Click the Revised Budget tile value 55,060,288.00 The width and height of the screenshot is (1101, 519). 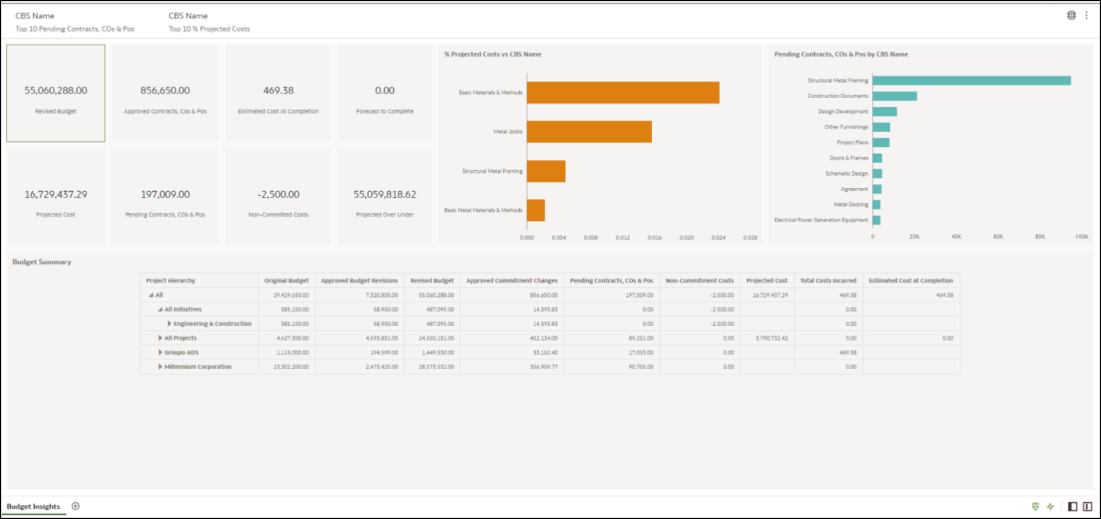pyautogui.click(x=56, y=91)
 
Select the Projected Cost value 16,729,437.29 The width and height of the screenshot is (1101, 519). pyautogui.click(x=56, y=194)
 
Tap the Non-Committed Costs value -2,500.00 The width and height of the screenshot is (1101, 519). pyautogui.click(x=278, y=194)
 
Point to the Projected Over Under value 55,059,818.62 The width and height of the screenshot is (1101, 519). pyautogui.click(x=385, y=194)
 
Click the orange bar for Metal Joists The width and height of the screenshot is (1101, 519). pyautogui.click(x=589, y=132)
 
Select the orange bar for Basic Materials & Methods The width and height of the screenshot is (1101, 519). pyautogui.click(x=623, y=92)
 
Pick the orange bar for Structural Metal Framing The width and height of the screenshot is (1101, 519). pyautogui.click(x=546, y=171)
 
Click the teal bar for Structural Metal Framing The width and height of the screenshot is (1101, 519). pyautogui.click(x=971, y=81)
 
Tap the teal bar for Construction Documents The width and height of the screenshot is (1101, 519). pyautogui.click(x=894, y=96)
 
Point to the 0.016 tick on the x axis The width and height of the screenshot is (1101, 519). pyautogui.click(x=654, y=238)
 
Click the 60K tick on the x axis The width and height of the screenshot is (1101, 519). pyautogui.click(x=998, y=237)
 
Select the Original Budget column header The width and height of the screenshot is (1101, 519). pyautogui.click(x=286, y=281)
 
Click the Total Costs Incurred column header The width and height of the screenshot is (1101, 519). pyautogui.click(x=828, y=281)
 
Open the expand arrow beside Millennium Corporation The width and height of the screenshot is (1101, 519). pyautogui.click(x=160, y=367)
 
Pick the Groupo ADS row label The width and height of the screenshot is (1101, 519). pyautogui.click(x=181, y=352)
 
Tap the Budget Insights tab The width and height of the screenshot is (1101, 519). pyautogui.click(x=33, y=507)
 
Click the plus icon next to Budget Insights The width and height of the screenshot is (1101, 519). pyautogui.click(x=76, y=506)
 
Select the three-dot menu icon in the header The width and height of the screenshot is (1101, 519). pyautogui.click(x=1086, y=15)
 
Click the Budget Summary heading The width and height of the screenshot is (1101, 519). pyautogui.click(x=42, y=262)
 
